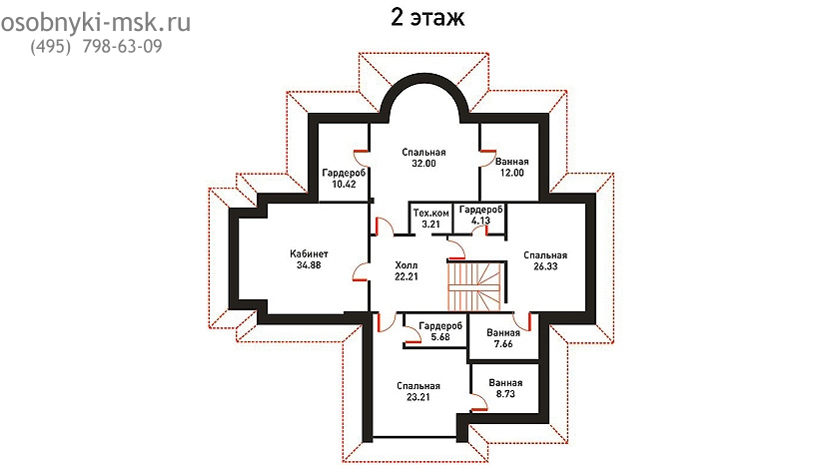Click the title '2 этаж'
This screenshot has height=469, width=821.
coord(427,17)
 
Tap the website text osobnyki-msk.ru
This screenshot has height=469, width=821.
coord(95,23)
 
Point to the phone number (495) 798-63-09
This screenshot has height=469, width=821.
coord(96,47)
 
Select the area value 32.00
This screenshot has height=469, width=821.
coord(423,163)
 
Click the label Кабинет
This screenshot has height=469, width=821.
coord(309,254)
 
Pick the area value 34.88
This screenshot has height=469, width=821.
coord(309,265)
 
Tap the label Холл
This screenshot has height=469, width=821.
coord(407,265)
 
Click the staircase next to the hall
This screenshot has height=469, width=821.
coord(474,286)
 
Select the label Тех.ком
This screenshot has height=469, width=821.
coord(430,213)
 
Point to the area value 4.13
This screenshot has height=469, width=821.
coord(480,221)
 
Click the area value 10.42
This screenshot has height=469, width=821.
coord(344,184)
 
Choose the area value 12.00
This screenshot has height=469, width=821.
coord(511,173)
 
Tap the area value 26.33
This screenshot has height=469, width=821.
coord(545,266)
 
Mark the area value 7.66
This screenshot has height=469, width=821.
coord(503,343)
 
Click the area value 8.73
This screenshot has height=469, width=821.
coord(505,394)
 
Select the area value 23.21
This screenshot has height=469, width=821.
coord(418,397)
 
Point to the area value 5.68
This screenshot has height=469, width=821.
coord(440,337)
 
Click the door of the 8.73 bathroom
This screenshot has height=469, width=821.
coord(478,403)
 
